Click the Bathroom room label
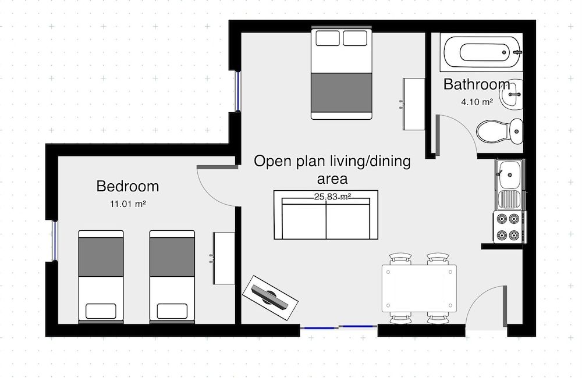coord(477,84)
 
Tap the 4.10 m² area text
coord(477,102)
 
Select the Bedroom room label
coord(127,187)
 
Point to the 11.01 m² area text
coord(127,205)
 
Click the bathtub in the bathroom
coord(482,53)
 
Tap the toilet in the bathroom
coord(499,131)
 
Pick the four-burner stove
coord(508,227)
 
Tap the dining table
coord(419,288)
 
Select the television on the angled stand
coord(270,297)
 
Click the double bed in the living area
coord(341,73)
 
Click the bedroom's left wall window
coord(54,241)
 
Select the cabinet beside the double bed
coord(414,104)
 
